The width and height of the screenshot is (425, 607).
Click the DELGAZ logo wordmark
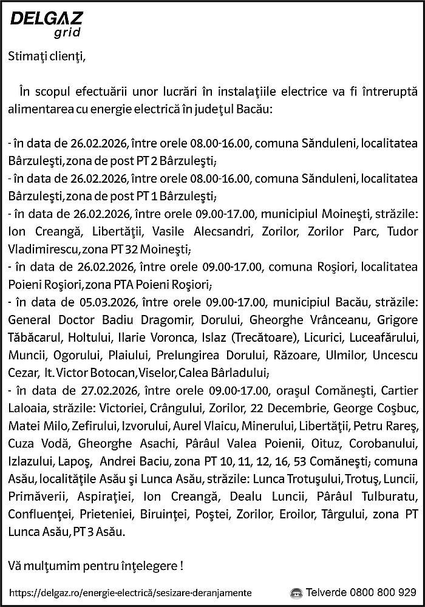(x=47, y=19)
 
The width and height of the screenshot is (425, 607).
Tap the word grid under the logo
(x=67, y=32)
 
